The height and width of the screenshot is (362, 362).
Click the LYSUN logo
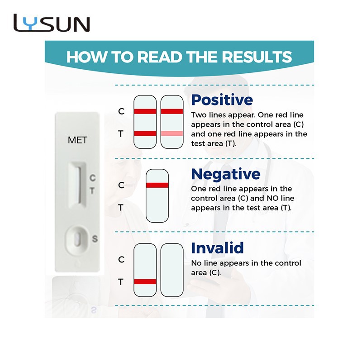(x=52, y=23)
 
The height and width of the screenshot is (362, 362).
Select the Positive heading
(x=222, y=100)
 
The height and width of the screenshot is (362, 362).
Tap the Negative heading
(x=226, y=174)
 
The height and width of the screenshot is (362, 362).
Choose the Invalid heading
(x=217, y=248)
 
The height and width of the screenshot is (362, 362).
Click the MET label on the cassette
(x=77, y=140)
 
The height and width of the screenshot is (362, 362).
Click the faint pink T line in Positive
(x=172, y=133)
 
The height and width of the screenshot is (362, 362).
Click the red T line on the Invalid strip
(x=145, y=281)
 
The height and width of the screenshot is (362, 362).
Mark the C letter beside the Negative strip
(x=121, y=185)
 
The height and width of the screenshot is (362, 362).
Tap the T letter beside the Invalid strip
(x=121, y=282)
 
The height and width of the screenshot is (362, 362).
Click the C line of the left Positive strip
(x=145, y=111)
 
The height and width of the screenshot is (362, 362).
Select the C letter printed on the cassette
(x=93, y=178)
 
